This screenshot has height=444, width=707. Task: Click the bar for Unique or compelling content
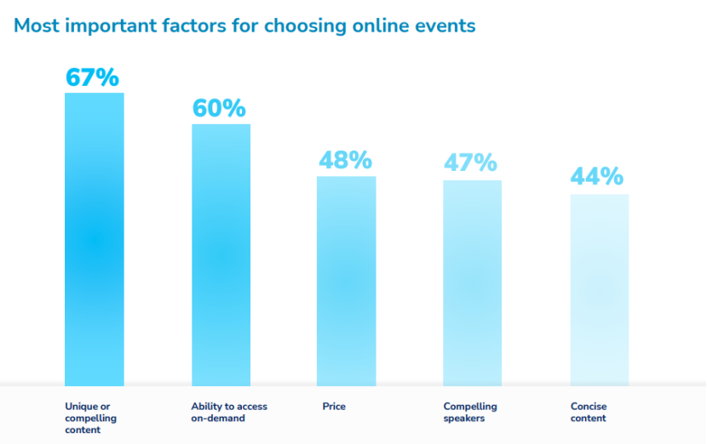tap(95, 239)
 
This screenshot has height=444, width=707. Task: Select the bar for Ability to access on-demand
tap(221, 255)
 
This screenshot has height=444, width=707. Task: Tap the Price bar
tap(346, 282)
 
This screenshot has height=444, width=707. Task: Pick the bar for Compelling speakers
tap(472, 283)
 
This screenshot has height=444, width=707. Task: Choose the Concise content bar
tap(599, 290)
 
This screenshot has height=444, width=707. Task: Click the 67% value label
tap(92, 77)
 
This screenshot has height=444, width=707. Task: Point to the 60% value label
tap(219, 109)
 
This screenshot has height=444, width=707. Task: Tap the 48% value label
tap(345, 160)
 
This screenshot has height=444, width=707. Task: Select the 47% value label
tap(470, 162)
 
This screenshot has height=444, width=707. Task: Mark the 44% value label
tap(597, 177)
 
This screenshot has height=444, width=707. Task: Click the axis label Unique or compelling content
tap(90, 418)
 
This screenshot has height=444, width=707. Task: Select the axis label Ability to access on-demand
tap(229, 412)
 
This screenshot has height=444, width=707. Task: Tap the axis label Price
tap(334, 407)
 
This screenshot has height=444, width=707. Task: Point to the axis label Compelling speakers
tap(470, 412)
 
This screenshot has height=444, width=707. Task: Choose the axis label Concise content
tap(589, 412)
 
